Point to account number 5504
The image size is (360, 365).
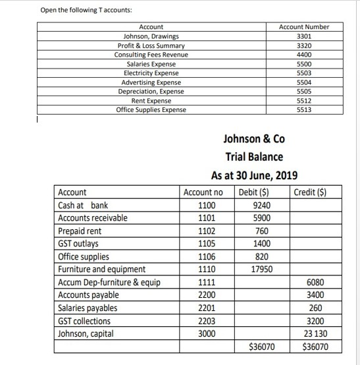303,82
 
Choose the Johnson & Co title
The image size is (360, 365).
254,140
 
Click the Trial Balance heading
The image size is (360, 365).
254,157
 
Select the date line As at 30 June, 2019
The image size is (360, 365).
254,175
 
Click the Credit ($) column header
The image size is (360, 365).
309,192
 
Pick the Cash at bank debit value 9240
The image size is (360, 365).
261,205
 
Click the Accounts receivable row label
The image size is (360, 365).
93,218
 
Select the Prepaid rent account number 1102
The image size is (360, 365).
206,231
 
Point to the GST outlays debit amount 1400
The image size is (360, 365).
261,244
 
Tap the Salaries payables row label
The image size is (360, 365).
88,308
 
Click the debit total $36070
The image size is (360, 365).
263,347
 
